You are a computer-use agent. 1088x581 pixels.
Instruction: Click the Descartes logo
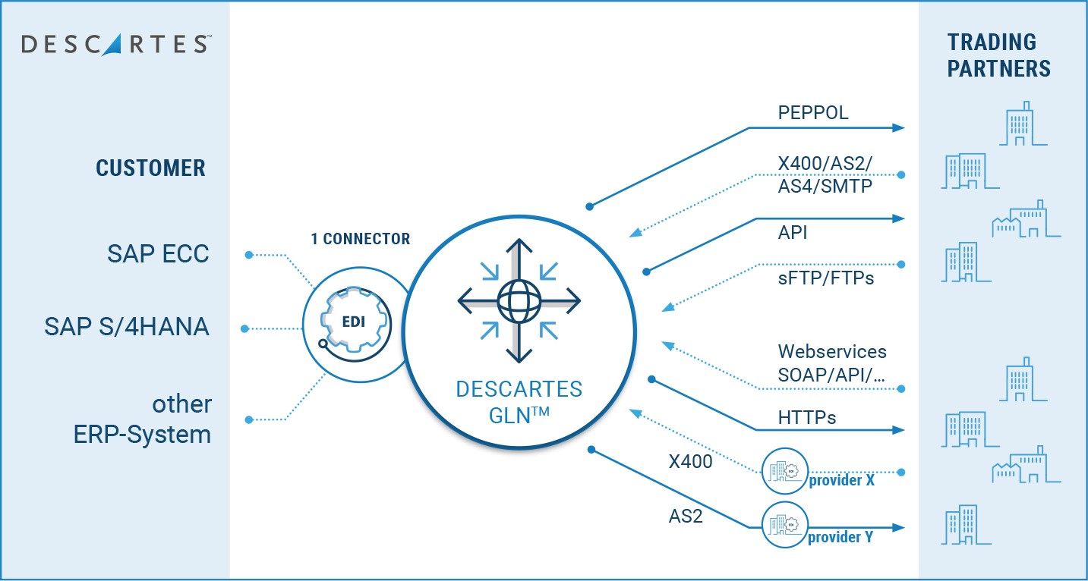tap(115, 43)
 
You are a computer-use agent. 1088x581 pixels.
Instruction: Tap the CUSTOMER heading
tap(150, 168)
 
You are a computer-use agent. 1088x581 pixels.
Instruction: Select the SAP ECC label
tap(158, 253)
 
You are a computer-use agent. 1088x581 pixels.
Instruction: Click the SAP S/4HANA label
tap(127, 327)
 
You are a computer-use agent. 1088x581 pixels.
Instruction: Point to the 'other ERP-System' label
tap(143, 419)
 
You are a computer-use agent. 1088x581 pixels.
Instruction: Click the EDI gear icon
tap(352, 322)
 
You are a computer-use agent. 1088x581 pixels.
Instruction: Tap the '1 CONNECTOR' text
tap(360, 239)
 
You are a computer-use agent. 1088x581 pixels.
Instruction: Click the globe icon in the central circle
tap(519, 301)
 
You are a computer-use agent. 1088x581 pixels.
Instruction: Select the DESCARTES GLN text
tap(519, 401)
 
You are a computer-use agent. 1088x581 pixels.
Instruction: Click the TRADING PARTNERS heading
tap(998, 55)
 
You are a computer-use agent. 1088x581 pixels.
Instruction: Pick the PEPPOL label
tap(813, 114)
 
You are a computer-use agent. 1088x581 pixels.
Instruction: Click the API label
tap(793, 233)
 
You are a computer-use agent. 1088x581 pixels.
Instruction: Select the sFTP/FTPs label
tap(826, 278)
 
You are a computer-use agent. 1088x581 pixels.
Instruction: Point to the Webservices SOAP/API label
tap(832, 362)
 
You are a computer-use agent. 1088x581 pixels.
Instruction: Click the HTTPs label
tap(807, 417)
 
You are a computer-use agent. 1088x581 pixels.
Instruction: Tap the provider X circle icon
tap(785, 471)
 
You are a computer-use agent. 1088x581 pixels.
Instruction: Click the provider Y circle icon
tap(785, 525)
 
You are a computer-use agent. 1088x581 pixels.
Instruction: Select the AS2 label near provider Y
tap(686, 517)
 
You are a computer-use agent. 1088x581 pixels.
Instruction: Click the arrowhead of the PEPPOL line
tap(900, 128)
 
